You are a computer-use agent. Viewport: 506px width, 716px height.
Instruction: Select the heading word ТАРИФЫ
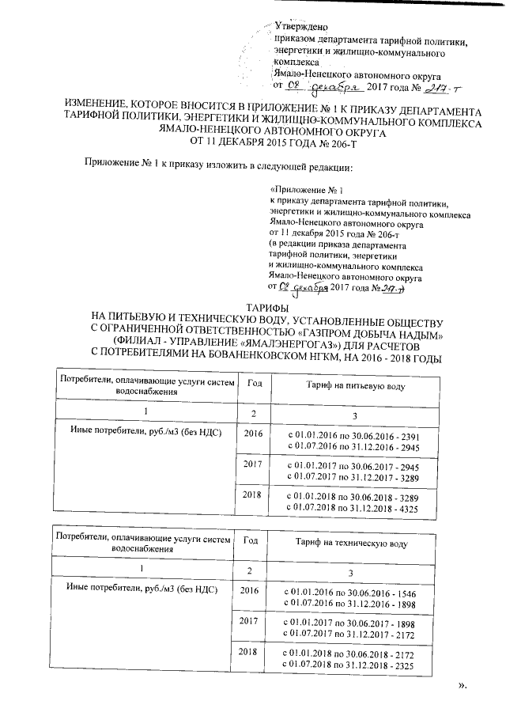coord(266,307)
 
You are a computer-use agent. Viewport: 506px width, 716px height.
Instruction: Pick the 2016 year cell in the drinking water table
coord(252,434)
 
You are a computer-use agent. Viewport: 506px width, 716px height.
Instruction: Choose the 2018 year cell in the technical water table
coord(252,650)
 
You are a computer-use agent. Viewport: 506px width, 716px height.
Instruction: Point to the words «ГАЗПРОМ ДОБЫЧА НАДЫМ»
coord(363,332)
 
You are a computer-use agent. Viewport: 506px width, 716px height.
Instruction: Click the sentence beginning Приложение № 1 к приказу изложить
coord(218,167)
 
